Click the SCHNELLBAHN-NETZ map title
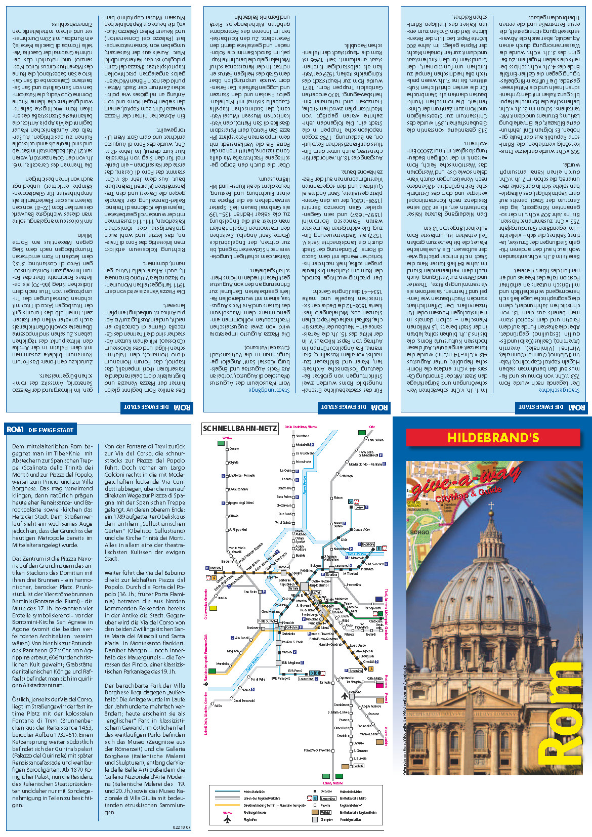[240, 429]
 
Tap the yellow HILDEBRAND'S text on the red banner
[493, 438]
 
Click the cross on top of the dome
[490, 506]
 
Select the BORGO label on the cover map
[419, 533]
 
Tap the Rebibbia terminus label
[368, 545]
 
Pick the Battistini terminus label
[216, 568]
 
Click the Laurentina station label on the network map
[307, 679]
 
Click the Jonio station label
[359, 507]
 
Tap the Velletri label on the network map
[358, 766]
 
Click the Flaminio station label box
[283, 567]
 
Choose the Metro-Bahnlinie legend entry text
[254, 791]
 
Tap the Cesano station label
[234, 449]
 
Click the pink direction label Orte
[372, 427]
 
